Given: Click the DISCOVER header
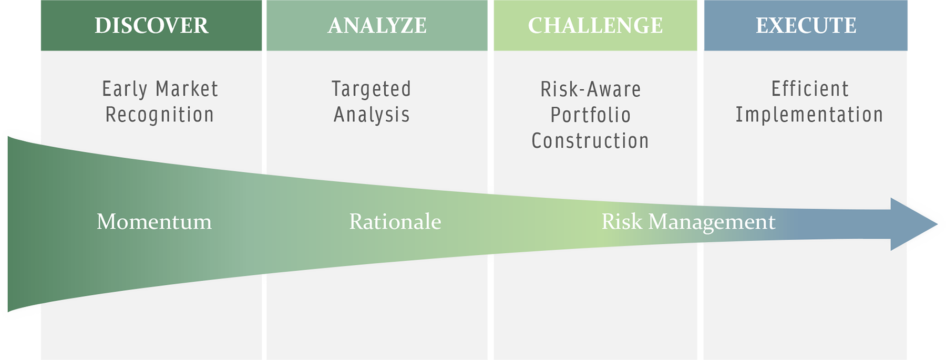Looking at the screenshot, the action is pyautogui.click(x=151, y=26).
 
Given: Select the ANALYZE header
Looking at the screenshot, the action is pyautogui.click(x=377, y=26).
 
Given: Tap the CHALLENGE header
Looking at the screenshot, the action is pyautogui.click(x=595, y=26).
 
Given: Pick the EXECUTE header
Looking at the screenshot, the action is pyautogui.click(x=806, y=26).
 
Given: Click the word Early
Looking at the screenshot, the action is pyautogui.click(x=125, y=89).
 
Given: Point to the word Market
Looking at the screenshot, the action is pyautogui.click(x=187, y=89).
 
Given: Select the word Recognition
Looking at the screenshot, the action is pyautogui.click(x=160, y=115).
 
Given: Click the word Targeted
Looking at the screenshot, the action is pyautogui.click(x=371, y=89).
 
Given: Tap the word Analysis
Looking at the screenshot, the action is pyautogui.click(x=372, y=115).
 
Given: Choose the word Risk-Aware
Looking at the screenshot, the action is pyautogui.click(x=591, y=89).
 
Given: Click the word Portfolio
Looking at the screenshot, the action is pyautogui.click(x=590, y=115).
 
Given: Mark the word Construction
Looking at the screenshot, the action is pyautogui.click(x=590, y=141).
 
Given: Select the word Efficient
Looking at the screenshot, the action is pyautogui.click(x=810, y=89).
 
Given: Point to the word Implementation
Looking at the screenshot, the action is pyautogui.click(x=809, y=115).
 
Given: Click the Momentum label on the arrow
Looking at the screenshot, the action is pyautogui.click(x=154, y=222).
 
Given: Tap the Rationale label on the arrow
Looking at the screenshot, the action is pyautogui.click(x=395, y=222).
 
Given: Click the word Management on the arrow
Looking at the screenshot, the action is pyautogui.click(x=712, y=223).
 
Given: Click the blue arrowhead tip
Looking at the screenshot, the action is pyautogui.click(x=937, y=224).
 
